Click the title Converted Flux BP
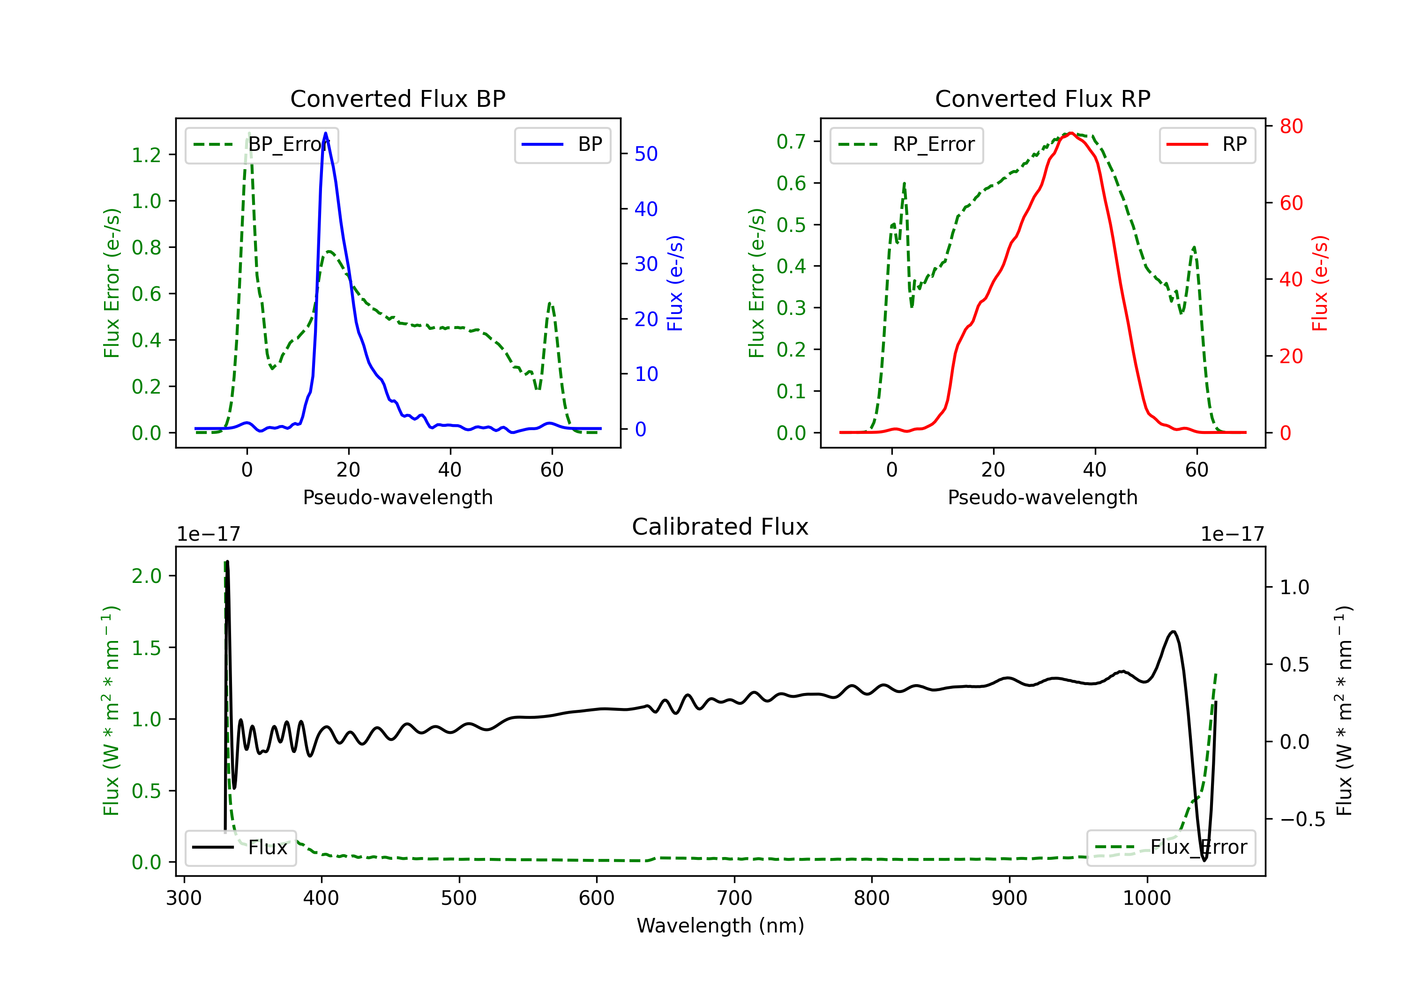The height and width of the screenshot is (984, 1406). point(397,98)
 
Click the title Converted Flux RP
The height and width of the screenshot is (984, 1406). point(1042,98)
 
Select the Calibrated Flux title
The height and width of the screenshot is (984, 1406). point(720,527)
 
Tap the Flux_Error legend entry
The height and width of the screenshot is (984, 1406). point(1171,848)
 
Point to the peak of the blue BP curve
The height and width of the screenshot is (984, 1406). point(325,133)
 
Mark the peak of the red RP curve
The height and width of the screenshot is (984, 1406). point(1071,133)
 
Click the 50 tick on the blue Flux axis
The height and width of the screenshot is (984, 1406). point(645,154)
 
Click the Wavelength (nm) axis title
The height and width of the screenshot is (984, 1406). point(720,926)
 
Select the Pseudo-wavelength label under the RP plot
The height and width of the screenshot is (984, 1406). point(1042,497)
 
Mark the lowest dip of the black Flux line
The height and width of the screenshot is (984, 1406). point(1204,860)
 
